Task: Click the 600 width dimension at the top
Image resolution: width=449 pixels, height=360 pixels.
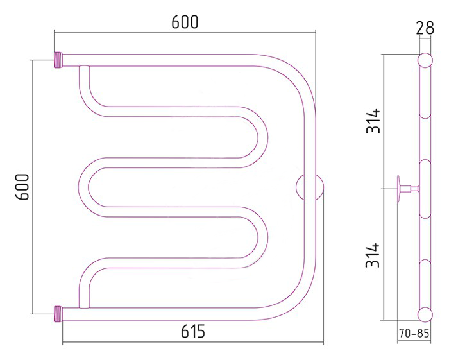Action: click(x=185, y=22)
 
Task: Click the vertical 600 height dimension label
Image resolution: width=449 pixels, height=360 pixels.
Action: click(x=22, y=187)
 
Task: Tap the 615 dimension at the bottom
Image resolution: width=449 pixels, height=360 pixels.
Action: click(x=193, y=331)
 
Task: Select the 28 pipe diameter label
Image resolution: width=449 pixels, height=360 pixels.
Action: click(x=425, y=28)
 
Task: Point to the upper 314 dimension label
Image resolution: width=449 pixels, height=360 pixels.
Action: click(x=373, y=121)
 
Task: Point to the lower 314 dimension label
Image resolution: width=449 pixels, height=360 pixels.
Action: click(x=373, y=255)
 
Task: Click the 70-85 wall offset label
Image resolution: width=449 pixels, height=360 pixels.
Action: click(x=414, y=333)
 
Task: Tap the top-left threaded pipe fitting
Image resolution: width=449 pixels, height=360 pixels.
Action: click(x=58, y=60)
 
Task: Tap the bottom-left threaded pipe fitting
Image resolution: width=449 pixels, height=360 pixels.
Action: click(x=58, y=314)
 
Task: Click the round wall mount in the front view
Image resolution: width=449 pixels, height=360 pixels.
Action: click(x=310, y=187)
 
